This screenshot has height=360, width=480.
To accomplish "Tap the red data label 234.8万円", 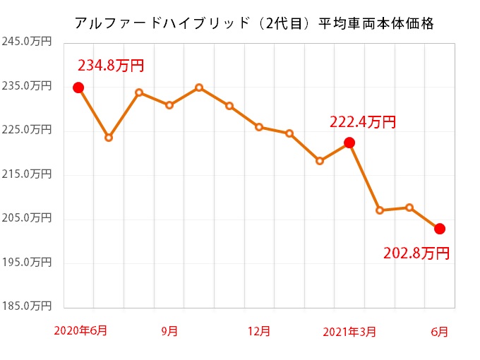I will tap(111, 66).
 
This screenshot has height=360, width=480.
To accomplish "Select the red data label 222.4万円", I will tap(363, 122).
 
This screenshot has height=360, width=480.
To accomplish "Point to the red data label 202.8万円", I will tap(416, 253).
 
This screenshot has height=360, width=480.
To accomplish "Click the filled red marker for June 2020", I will tap(78, 88).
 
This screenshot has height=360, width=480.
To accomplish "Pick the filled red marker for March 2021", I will tap(349, 143).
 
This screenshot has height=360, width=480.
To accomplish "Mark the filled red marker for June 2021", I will tap(440, 229).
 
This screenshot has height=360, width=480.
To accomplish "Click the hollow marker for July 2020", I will tap(109, 138).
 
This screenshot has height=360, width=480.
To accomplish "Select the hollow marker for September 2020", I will tap(169, 105).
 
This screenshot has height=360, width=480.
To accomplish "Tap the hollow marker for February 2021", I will tap(320, 161).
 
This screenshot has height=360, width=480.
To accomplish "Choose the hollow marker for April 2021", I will tap(380, 210).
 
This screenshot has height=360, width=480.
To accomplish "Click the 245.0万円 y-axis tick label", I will tap(26, 42).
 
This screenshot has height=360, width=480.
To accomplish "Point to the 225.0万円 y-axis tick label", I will tap(26, 130).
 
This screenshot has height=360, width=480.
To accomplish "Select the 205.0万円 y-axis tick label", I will tap(26, 218).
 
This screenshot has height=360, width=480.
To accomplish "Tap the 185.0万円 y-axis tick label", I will tap(26, 306).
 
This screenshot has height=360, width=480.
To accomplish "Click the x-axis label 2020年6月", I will tap(80, 330).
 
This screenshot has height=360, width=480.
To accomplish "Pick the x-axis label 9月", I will tap(169, 330).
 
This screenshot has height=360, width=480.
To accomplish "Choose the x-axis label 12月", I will tap(259, 330).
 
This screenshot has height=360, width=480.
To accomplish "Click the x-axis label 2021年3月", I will tap(349, 330).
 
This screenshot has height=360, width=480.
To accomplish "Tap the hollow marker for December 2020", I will tap(259, 127).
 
